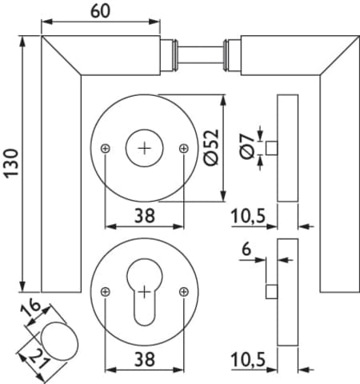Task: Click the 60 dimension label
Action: coord(100,11)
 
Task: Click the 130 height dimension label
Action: coord(11,163)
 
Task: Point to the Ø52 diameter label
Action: coord(212,147)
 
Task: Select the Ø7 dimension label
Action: coord(247,146)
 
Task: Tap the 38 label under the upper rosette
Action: coord(145,216)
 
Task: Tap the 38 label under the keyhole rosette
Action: coord(145,359)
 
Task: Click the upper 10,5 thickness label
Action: coord(248,216)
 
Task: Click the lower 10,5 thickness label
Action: coord(248,359)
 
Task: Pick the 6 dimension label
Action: coord(246,250)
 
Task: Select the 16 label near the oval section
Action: coord(30,309)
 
